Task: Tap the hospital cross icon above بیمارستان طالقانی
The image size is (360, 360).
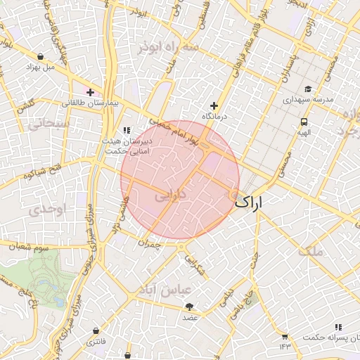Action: click(x=90, y=92)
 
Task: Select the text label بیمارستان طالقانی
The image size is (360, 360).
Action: click(x=92, y=103)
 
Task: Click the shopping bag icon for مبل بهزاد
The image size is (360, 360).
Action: click(x=40, y=57)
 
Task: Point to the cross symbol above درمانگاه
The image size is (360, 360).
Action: click(x=214, y=105)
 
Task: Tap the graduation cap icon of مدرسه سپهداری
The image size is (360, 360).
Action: click(x=308, y=89)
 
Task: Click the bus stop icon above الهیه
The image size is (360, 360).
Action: click(x=303, y=121)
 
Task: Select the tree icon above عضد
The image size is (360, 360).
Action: click(x=189, y=307)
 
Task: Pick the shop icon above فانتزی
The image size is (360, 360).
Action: click(x=95, y=330)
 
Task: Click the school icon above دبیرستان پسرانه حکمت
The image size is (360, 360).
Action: click(x=339, y=327)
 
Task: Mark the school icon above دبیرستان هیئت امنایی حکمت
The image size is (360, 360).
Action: click(x=127, y=130)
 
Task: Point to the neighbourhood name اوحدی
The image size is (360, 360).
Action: click(x=49, y=209)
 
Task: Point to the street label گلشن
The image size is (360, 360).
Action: click(x=25, y=103)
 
